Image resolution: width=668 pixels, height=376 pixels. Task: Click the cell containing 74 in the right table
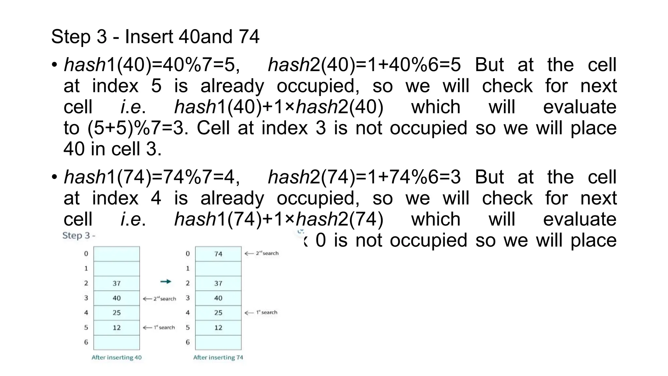pyautogui.click(x=218, y=254)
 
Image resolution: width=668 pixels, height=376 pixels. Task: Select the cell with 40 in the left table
pyautogui.click(x=116, y=298)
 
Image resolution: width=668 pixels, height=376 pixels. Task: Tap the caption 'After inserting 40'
pyautogui.click(x=116, y=357)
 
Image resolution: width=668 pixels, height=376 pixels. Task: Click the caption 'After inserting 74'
pyautogui.click(x=218, y=357)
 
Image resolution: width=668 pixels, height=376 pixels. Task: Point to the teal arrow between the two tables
pyautogui.click(x=166, y=281)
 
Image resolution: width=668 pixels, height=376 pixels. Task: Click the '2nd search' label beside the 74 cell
pyautogui.click(x=262, y=253)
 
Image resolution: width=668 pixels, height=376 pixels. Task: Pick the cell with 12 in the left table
pyautogui.click(x=116, y=327)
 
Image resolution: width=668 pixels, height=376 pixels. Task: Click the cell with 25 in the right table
pyautogui.click(x=218, y=313)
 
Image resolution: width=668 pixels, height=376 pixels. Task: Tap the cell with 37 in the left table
pyautogui.click(x=116, y=283)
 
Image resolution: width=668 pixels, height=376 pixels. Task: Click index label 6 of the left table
pyautogui.click(x=86, y=342)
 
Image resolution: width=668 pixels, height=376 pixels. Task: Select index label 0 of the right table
pyautogui.click(x=188, y=254)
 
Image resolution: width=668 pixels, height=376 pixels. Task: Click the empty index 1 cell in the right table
pyautogui.click(x=218, y=269)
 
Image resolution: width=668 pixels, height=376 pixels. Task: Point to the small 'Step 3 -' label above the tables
pyautogui.click(x=79, y=235)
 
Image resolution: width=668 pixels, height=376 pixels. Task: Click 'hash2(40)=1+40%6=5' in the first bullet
pyautogui.click(x=364, y=65)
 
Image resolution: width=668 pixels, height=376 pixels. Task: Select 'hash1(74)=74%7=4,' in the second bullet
pyautogui.click(x=152, y=177)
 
